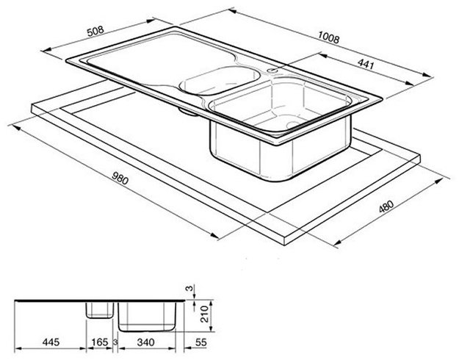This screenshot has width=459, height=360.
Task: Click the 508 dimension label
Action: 95,31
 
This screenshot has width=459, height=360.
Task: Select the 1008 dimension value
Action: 328,38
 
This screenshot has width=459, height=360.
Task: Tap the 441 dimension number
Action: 366,64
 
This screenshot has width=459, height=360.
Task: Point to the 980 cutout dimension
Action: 120,178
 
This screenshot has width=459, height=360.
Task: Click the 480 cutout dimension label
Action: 386,206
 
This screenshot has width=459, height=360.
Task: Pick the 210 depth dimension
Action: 204,314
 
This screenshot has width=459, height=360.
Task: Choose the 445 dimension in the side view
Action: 51,342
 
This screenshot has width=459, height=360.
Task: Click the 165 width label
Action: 100,342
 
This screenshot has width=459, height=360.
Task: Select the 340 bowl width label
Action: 145,342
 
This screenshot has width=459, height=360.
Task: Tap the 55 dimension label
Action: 200,342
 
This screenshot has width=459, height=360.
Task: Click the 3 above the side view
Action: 190,289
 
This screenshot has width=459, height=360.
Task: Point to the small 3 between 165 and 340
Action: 115,342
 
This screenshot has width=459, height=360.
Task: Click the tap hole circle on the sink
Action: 272,71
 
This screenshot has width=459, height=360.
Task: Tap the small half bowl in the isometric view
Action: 220,80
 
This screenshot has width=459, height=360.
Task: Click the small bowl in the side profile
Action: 100,310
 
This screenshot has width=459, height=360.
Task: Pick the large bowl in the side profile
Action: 147,317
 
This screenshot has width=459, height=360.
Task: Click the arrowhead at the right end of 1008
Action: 428,75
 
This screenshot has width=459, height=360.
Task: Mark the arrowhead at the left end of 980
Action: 16,128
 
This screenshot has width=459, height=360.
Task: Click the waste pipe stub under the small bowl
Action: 188,112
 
